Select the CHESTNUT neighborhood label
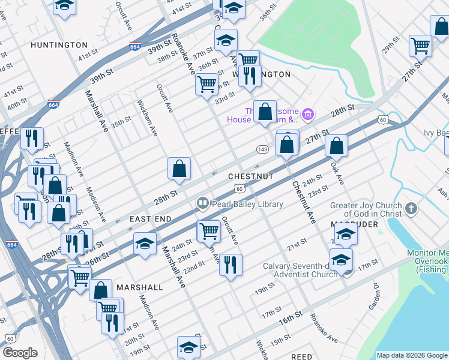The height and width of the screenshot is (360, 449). click(x=251, y=176)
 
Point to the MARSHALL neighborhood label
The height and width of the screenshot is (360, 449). click(x=140, y=287)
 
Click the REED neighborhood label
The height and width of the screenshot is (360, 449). click(x=301, y=357)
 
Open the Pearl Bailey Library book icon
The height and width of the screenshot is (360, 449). click(x=203, y=205)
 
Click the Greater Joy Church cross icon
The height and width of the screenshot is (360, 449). click(x=411, y=209)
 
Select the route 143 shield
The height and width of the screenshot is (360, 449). click(x=262, y=149)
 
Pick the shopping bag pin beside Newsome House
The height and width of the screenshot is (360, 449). click(x=265, y=112)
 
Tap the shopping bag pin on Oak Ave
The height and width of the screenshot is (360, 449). click(x=337, y=146)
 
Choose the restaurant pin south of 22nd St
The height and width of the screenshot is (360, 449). click(x=230, y=265)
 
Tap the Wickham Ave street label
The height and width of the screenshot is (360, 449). click(x=147, y=118)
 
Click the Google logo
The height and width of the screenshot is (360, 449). click(x=20, y=353)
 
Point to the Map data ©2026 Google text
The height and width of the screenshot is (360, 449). click(x=411, y=355)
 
